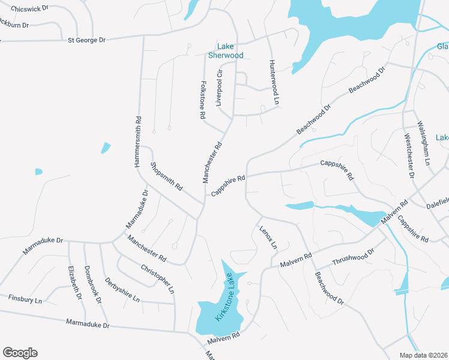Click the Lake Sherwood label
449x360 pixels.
226,51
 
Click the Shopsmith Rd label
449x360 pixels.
167,176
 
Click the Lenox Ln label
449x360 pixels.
268,237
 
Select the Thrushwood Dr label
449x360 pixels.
353,258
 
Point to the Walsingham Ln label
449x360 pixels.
424,144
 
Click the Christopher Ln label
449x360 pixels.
158,279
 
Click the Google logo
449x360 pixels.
20,353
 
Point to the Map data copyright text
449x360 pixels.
423,355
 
